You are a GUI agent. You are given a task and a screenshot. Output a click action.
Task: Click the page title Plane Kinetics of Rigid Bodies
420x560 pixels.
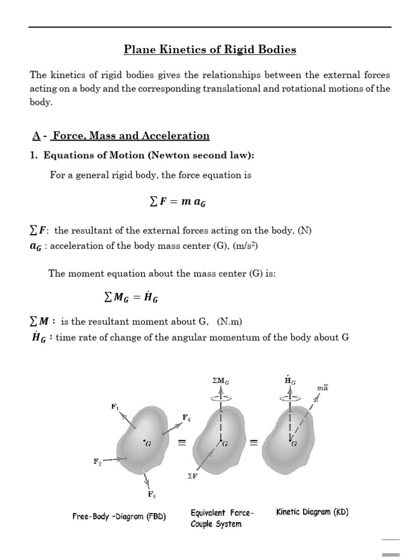point(210,50)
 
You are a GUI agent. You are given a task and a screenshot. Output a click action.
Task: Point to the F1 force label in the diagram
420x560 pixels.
point(114,406)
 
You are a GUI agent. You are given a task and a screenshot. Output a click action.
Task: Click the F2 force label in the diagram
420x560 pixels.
point(97,462)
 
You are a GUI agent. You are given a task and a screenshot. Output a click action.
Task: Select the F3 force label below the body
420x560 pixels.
point(151,494)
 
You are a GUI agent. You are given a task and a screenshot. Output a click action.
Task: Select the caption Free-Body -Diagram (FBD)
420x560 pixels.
point(119,516)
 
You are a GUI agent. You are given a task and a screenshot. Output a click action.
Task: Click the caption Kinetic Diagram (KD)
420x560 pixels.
point(312,512)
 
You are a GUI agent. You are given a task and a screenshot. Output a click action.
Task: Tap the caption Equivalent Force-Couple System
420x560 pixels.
point(222,518)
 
